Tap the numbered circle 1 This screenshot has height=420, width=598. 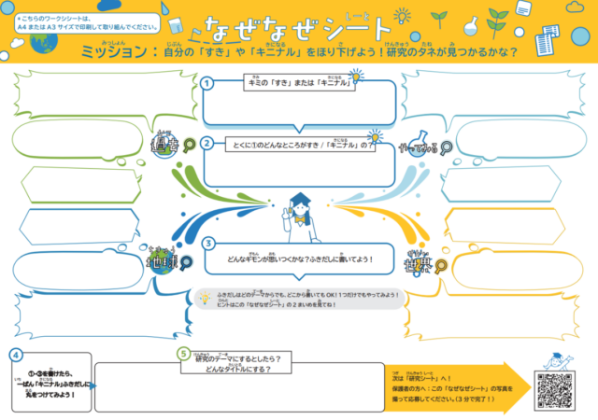tap(207, 83)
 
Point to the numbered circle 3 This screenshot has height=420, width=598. tap(207, 244)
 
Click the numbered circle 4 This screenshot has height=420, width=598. tap(17, 355)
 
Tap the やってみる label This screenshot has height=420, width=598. tap(417, 147)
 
